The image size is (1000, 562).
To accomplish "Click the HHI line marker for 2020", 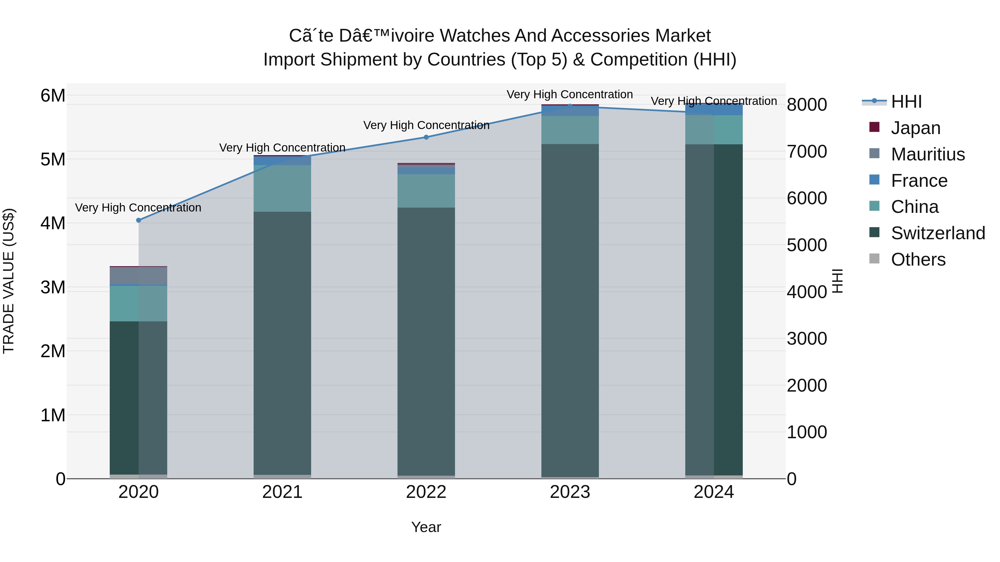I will coord(139,220).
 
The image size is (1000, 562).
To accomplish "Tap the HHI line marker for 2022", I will coord(426,137).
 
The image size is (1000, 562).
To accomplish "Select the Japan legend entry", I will coord(915,128).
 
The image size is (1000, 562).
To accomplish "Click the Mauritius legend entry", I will coord(927,154).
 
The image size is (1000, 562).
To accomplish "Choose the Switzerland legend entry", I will coord(937,233).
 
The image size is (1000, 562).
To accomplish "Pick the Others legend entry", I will coord(918,259).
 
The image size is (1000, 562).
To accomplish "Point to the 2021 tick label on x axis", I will coord(282,492).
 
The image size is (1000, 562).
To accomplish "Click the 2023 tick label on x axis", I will coord(570,492).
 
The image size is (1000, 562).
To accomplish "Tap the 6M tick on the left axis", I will coord(53,95).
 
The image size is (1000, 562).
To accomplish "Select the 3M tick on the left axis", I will coord(53,288).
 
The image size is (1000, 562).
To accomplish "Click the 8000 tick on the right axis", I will coord(807,105).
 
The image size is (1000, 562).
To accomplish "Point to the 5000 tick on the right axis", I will coord(807,245).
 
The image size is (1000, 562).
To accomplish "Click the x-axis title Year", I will coord(426,527).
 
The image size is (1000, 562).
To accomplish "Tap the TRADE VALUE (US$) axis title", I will coord(9,281).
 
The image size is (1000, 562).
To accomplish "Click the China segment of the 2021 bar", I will coord(282,188).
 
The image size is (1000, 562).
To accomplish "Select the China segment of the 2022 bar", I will coord(426,191).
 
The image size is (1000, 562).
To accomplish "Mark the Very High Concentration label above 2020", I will coord(138,208).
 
